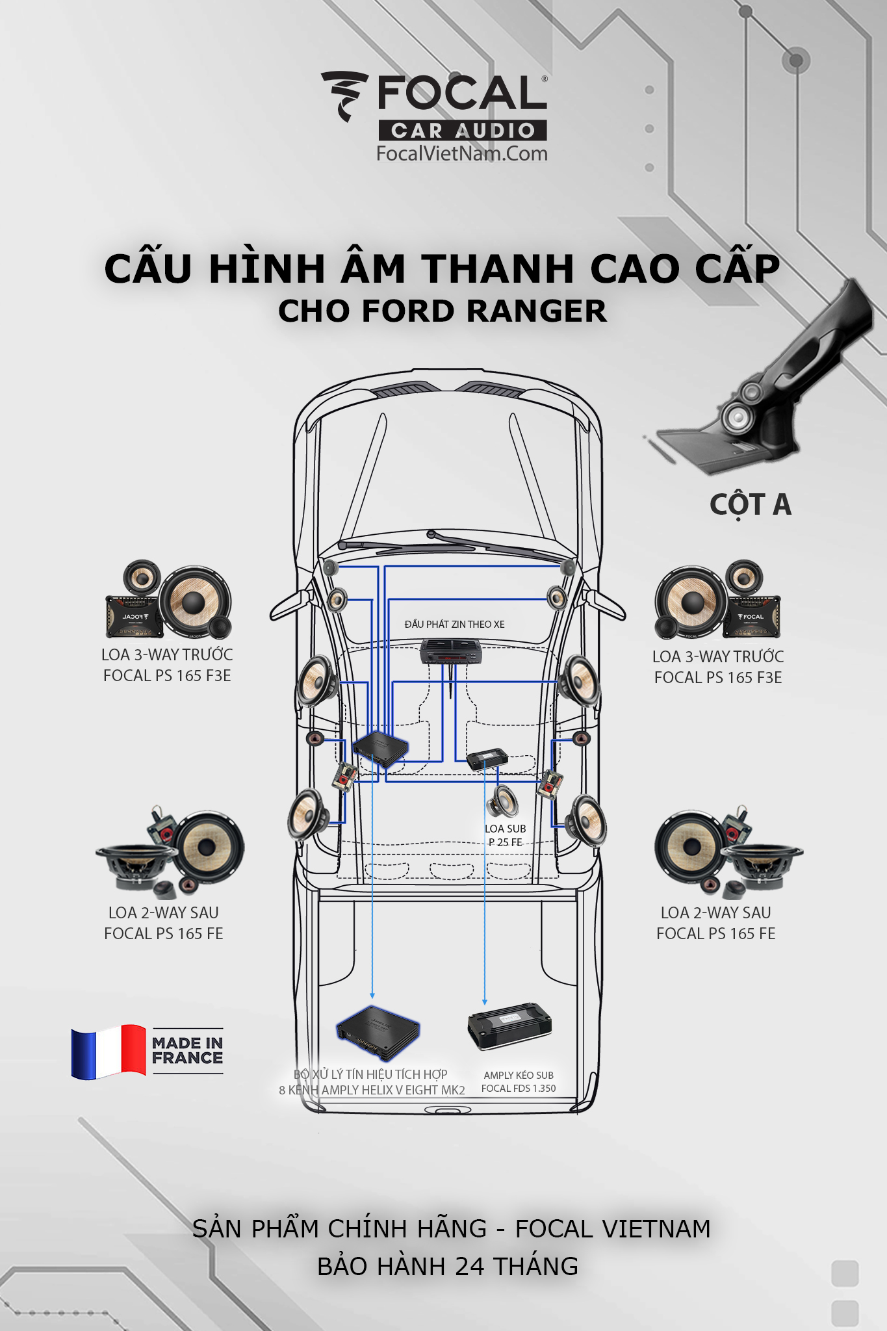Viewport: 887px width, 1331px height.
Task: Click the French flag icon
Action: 109,1052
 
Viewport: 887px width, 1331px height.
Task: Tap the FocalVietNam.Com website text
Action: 462,153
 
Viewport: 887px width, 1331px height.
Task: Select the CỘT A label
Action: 751,504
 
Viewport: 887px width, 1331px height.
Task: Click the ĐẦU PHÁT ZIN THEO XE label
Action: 455,624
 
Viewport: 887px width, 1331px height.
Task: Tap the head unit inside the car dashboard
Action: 450,652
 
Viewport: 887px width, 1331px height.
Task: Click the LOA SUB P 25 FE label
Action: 506,835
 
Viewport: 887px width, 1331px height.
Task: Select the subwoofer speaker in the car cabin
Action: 503,801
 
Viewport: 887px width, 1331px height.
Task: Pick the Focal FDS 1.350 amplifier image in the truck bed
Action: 509,1025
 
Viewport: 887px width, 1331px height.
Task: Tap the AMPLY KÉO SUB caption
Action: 519,1075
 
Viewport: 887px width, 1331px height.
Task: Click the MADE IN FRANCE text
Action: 188,1050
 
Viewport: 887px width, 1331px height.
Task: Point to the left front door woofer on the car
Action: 317,681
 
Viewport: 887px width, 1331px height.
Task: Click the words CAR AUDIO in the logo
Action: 463,131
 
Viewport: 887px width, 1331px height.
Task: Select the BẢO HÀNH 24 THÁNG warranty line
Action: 448,1266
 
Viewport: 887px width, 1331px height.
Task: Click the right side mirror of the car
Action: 604,604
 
